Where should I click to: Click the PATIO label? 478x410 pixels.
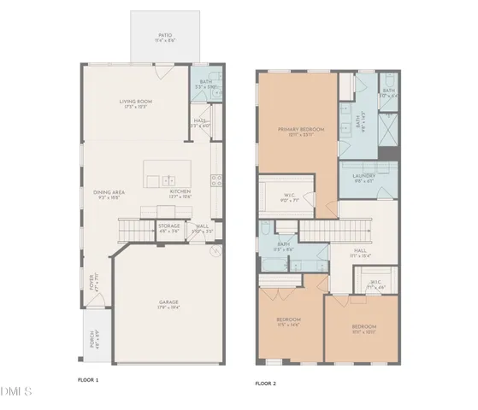click(x=165, y=37)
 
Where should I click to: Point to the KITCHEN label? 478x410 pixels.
click(x=179, y=194)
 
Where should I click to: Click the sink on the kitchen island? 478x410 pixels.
click(x=169, y=180)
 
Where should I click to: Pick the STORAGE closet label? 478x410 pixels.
click(x=168, y=228)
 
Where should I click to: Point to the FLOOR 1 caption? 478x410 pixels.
click(x=89, y=378)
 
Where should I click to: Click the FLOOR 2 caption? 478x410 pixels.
click(x=267, y=384)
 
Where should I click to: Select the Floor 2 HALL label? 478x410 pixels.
click(x=360, y=252)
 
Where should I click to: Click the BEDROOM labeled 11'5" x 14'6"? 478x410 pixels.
click(x=289, y=321)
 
